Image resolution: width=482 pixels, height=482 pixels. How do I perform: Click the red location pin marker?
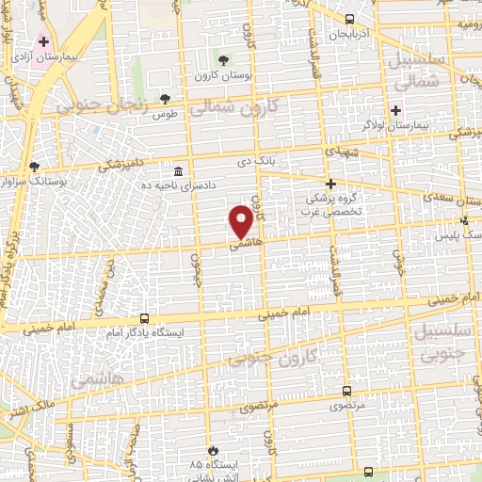point(241,220)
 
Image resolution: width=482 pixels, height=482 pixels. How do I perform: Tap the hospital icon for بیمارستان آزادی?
point(43,41)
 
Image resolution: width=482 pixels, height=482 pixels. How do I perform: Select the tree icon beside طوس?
point(166,97)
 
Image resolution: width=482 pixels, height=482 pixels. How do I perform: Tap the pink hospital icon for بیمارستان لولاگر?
point(395,109)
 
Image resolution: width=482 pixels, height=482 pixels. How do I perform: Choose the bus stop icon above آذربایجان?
point(350,19)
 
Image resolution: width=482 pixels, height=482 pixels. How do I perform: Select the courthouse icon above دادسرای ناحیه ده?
point(179,170)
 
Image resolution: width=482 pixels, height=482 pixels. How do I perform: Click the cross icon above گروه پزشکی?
point(329,185)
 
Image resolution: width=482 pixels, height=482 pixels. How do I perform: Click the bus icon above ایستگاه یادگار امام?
point(144,318)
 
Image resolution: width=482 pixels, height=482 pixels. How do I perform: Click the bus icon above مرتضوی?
point(347,390)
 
